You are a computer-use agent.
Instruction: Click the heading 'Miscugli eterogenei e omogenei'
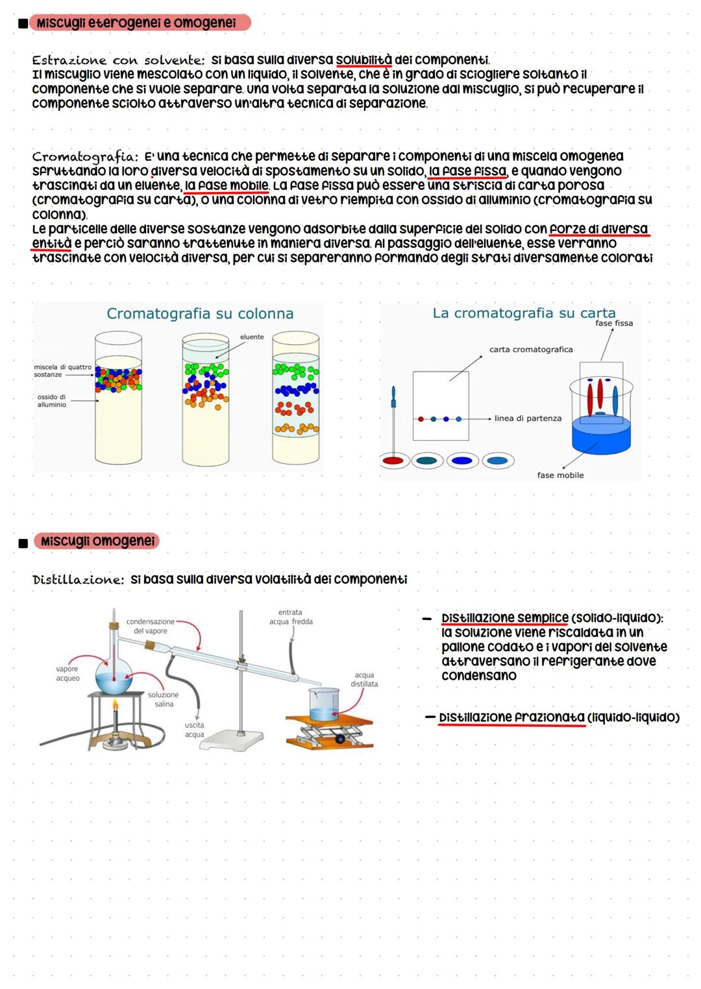136,23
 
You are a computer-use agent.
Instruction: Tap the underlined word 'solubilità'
363,60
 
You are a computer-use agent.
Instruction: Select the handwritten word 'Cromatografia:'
85,157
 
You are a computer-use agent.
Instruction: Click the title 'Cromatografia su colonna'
200,314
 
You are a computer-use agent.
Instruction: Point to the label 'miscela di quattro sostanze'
62,371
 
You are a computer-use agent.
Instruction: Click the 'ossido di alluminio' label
51,401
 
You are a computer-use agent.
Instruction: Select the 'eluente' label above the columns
252,337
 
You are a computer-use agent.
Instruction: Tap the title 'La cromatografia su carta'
524,313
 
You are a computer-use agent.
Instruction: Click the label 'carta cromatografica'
531,350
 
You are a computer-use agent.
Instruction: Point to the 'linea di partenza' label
528,419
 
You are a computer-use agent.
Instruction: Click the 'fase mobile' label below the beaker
560,475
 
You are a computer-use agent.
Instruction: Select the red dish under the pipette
393,460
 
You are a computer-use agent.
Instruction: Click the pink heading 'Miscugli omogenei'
97,541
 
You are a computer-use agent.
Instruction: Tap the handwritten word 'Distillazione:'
78,580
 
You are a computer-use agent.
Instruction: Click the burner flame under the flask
116,706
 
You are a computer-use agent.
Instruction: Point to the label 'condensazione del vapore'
151,626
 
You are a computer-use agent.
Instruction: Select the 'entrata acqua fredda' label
291,617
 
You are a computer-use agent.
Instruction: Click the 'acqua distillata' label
364,680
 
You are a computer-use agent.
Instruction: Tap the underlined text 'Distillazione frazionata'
511,718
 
